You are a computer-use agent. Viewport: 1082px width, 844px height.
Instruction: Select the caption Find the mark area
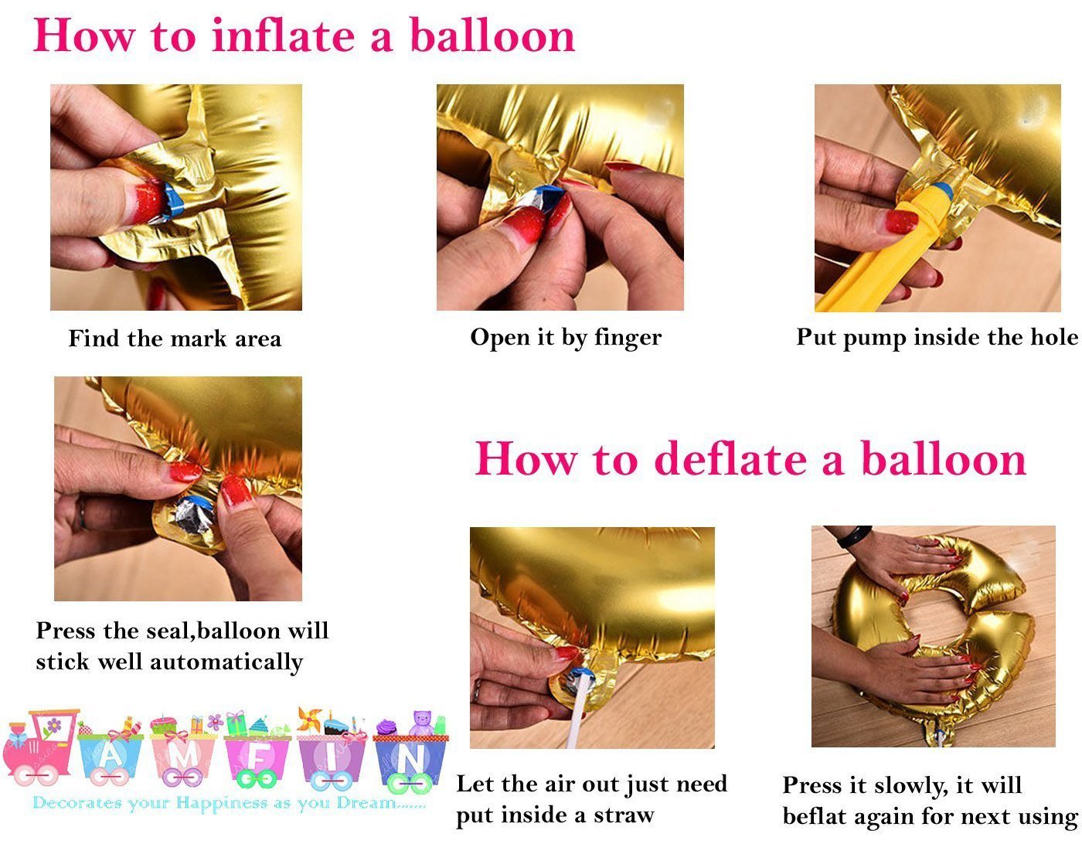click(x=175, y=339)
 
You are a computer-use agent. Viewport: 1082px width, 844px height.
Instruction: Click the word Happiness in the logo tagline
click(x=223, y=804)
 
